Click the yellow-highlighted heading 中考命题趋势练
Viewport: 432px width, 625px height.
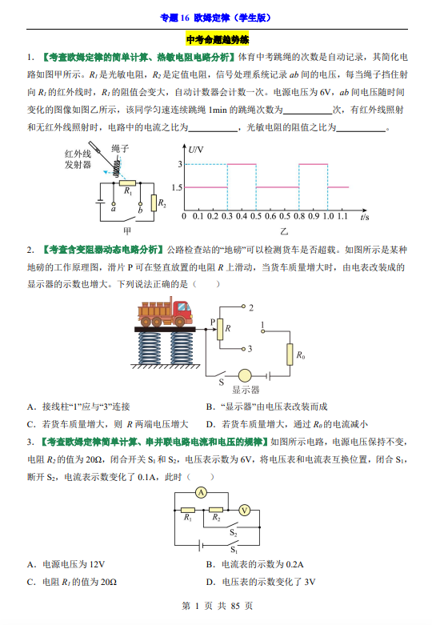coord(217,39)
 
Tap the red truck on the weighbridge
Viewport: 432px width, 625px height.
coord(165,312)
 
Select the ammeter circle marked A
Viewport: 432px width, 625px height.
coord(201,493)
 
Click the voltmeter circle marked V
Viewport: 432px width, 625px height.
coord(244,511)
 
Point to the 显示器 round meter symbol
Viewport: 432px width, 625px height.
coord(245,375)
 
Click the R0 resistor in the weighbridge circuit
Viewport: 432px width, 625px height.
coord(290,355)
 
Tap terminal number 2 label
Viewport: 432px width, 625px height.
coord(251,308)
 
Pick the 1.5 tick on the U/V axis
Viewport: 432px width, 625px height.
coord(177,187)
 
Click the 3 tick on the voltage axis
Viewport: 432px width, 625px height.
coord(180,164)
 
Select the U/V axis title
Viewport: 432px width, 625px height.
coord(196,150)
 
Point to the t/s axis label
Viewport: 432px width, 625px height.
coord(364,217)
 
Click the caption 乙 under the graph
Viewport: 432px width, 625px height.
coord(284,231)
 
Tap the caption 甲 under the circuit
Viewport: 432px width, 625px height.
coord(126,230)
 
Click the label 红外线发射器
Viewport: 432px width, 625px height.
coord(78,159)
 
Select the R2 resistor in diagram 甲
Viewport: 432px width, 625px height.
coord(154,203)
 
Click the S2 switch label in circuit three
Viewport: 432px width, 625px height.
coord(234,533)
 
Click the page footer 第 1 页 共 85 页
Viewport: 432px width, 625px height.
coord(217,606)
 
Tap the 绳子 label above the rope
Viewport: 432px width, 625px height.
coord(120,149)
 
